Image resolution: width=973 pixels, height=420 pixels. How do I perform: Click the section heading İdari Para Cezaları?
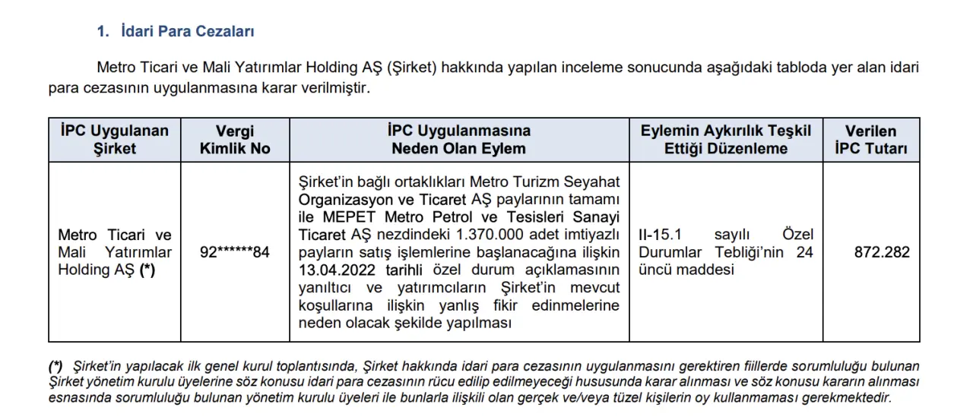pyautogui.click(x=187, y=32)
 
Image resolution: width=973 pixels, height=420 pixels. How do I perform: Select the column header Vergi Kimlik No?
pyautogui.click(x=235, y=140)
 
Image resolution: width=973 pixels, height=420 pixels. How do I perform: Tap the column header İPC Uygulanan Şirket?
pyautogui.click(x=114, y=140)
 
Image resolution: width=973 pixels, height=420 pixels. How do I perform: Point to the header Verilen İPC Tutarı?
pyautogui.click(x=871, y=140)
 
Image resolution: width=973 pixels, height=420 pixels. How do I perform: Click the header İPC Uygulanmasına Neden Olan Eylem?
pyautogui.click(x=458, y=140)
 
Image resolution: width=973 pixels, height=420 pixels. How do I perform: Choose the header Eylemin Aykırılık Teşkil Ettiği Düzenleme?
pyautogui.click(x=725, y=140)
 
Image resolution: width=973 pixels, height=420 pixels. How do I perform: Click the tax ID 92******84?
pyautogui.click(x=235, y=252)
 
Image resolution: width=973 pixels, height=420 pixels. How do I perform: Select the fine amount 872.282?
pyautogui.click(x=882, y=252)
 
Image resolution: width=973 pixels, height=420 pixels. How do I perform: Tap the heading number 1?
pyautogui.click(x=101, y=32)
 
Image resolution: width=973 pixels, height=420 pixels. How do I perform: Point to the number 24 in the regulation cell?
pyautogui.click(x=804, y=252)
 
